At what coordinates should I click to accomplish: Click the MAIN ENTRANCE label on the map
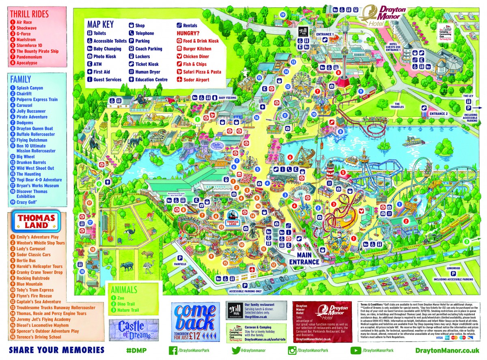click(x=304, y=259)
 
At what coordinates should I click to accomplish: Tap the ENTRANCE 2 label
click(x=438, y=114)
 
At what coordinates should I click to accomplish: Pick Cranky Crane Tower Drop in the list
click(x=39, y=272)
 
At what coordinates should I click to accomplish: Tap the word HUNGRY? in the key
click(x=188, y=33)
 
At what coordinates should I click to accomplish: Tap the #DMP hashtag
click(x=136, y=350)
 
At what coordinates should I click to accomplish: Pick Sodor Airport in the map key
click(x=196, y=80)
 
